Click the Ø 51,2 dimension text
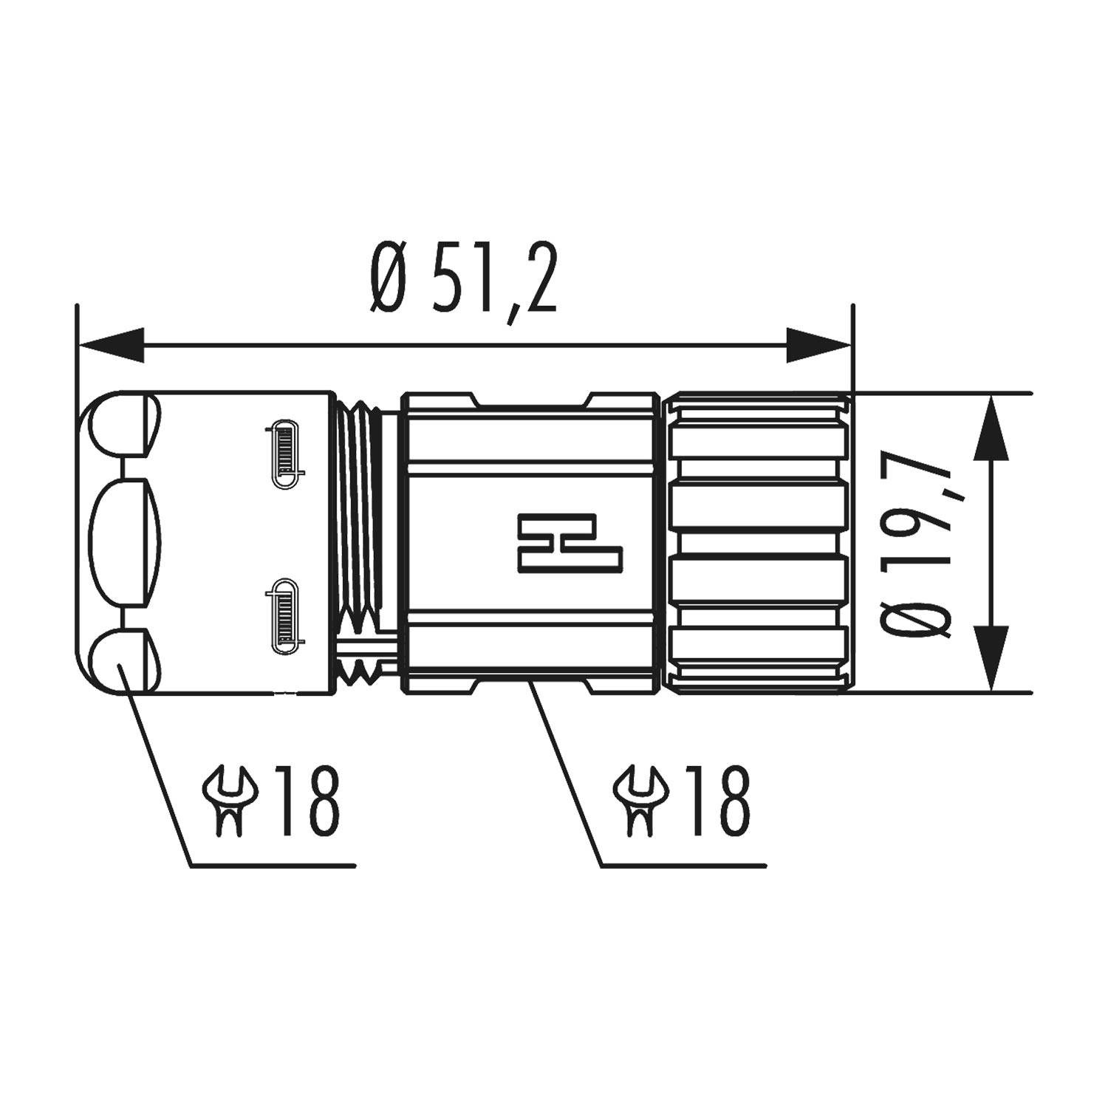tap(463, 278)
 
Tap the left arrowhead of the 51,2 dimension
tap(111, 345)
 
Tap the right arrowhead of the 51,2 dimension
tap(818, 345)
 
